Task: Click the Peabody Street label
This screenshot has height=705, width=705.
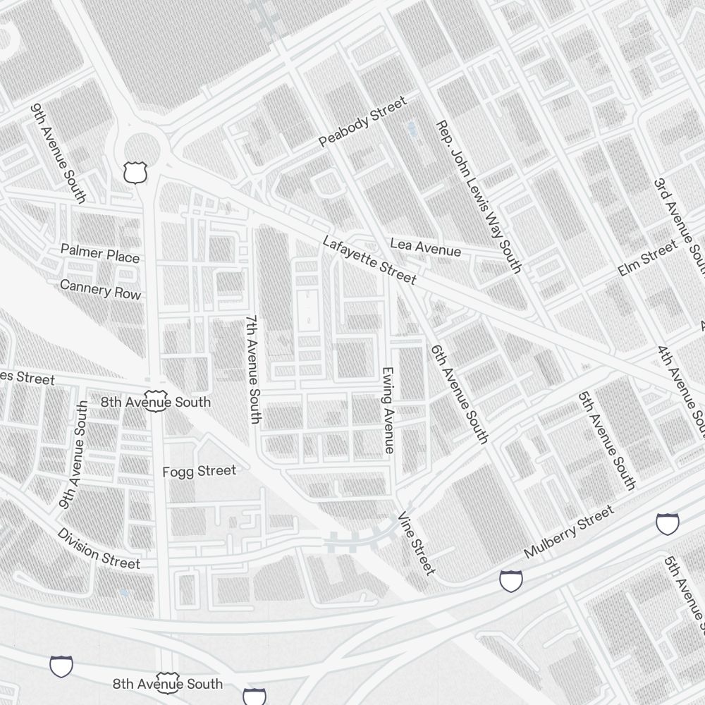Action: coord(362,123)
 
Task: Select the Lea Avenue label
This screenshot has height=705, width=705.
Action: coord(425,247)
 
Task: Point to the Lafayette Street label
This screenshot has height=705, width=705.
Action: coord(369,260)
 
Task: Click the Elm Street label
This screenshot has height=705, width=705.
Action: coord(646,257)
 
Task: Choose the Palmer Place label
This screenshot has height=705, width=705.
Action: coord(99,253)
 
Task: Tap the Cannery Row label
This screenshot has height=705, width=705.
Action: coord(100,289)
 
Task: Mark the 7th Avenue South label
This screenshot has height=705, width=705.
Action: coord(253,369)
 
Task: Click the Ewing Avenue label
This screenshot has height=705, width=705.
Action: coord(387,410)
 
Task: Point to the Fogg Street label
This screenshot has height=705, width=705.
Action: coord(199,471)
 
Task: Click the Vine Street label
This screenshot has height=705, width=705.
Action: coord(417,544)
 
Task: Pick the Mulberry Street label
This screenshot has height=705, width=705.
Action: coord(568,531)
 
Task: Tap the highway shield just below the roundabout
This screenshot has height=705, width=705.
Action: coord(134,172)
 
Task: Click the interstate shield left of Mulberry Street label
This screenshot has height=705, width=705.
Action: coord(511,581)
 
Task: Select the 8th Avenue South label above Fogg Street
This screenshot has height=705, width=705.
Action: coord(155,402)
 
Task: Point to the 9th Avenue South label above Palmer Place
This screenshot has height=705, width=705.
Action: coord(59,154)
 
